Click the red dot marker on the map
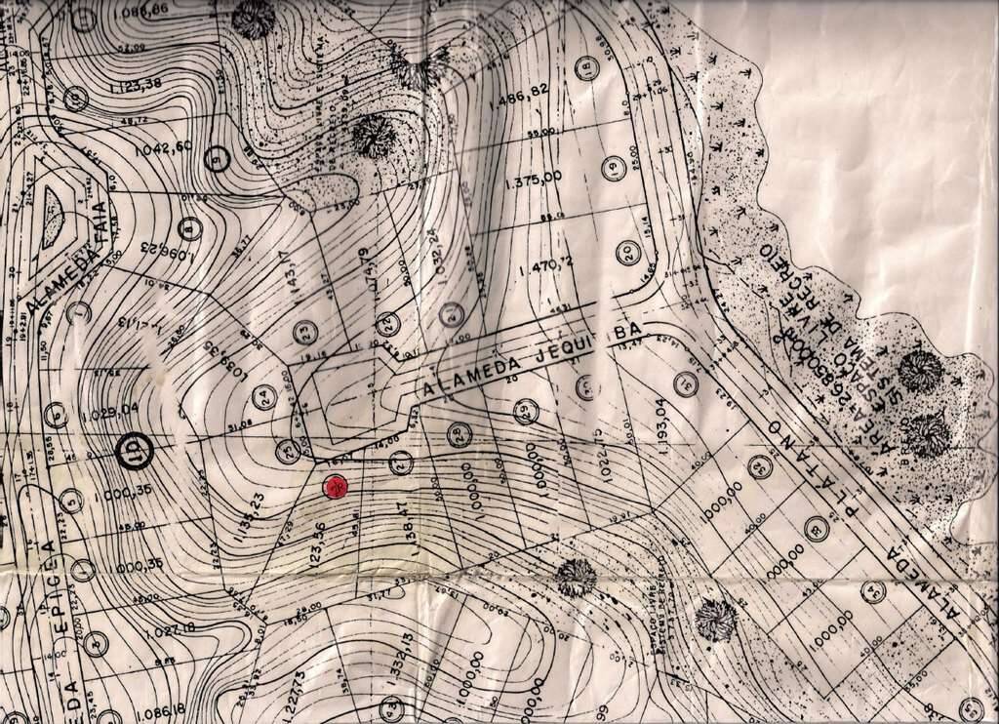[336, 485]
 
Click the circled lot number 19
[613, 168]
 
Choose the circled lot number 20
[627, 253]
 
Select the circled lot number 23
[306, 332]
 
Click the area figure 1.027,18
[147, 630]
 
